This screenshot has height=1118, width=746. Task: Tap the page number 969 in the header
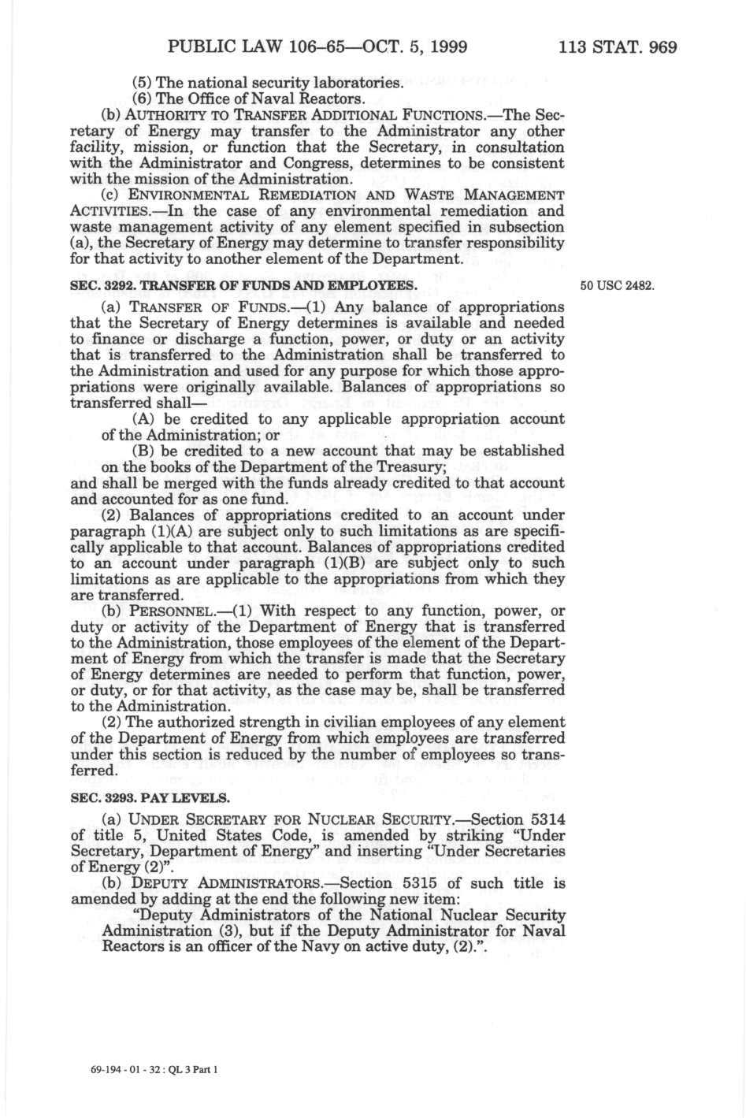[x=660, y=46]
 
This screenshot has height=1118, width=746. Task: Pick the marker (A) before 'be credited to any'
[x=144, y=418]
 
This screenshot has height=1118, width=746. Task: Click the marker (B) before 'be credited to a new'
[x=144, y=451]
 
